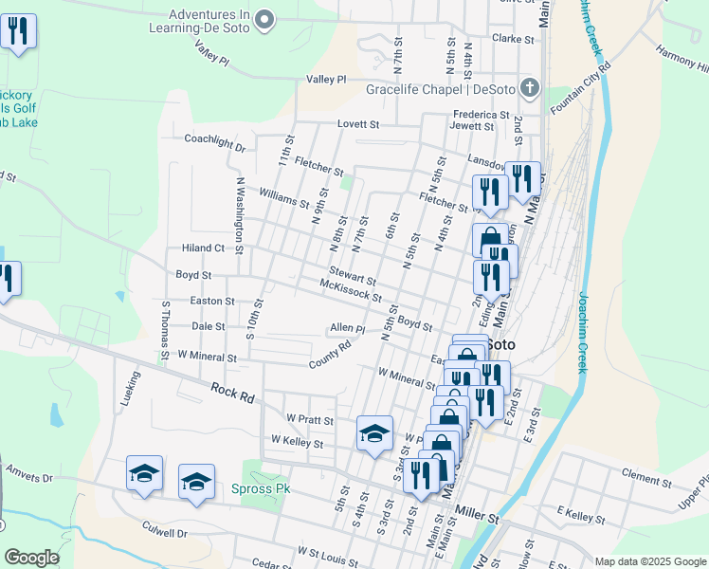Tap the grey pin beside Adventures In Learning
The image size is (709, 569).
[265, 17]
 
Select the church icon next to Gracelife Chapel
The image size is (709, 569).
[530, 90]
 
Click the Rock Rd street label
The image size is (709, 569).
[232, 394]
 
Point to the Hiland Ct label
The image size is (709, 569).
[203, 248]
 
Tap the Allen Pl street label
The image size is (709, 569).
[347, 328]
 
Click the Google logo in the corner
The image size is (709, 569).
[32, 558]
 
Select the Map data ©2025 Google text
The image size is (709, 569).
[649, 561]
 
